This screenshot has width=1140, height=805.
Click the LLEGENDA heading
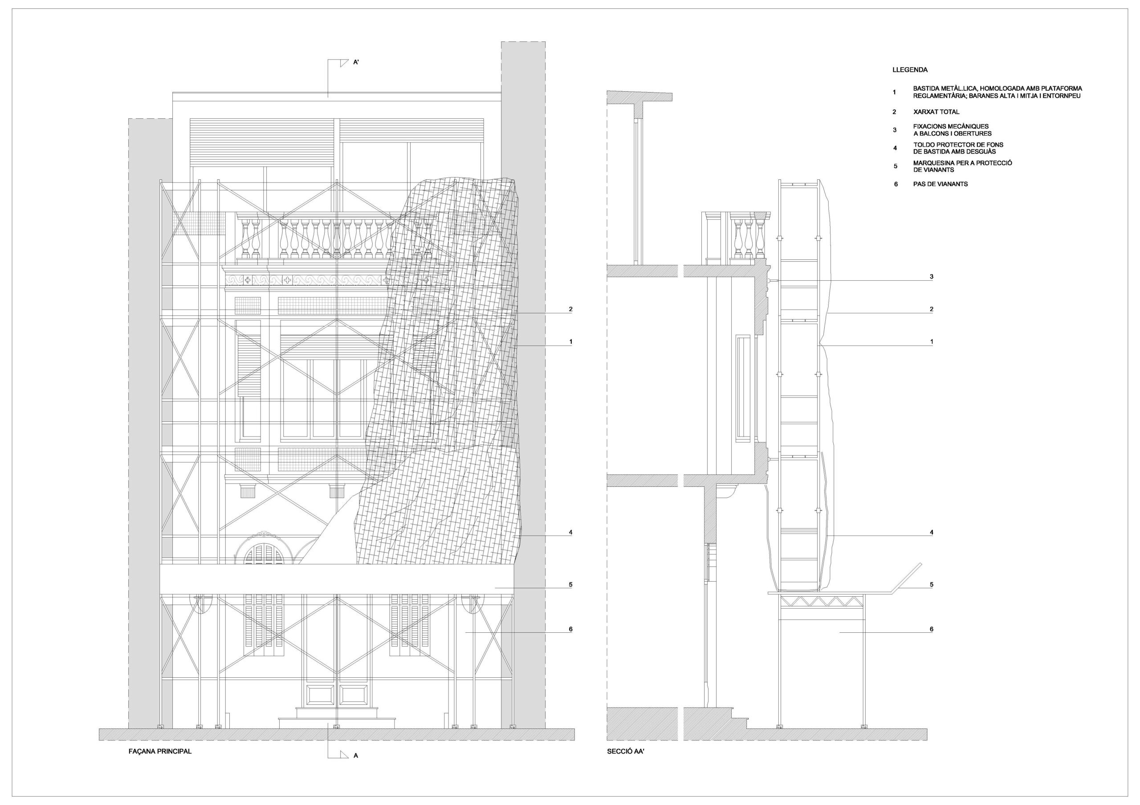coord(910,70)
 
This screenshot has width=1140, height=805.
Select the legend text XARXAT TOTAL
coord(936,112)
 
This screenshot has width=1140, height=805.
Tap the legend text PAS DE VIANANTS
coord(940,184)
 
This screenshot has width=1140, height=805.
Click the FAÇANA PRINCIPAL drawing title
coord(160,752)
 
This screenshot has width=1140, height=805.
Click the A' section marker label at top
coord(356,63)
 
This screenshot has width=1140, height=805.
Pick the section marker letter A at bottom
coord(355,756)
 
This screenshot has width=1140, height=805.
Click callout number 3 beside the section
coord(932,277)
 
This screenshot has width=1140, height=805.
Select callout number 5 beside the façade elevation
coord(570,585)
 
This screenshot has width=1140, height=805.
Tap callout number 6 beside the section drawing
coord(932,629)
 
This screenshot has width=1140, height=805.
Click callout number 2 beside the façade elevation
coord(570,309)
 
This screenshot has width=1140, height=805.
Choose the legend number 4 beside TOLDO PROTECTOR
coord(895,148)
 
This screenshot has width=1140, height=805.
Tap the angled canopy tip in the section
coord(921,563)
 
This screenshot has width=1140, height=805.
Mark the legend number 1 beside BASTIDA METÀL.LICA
coord(895,92)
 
